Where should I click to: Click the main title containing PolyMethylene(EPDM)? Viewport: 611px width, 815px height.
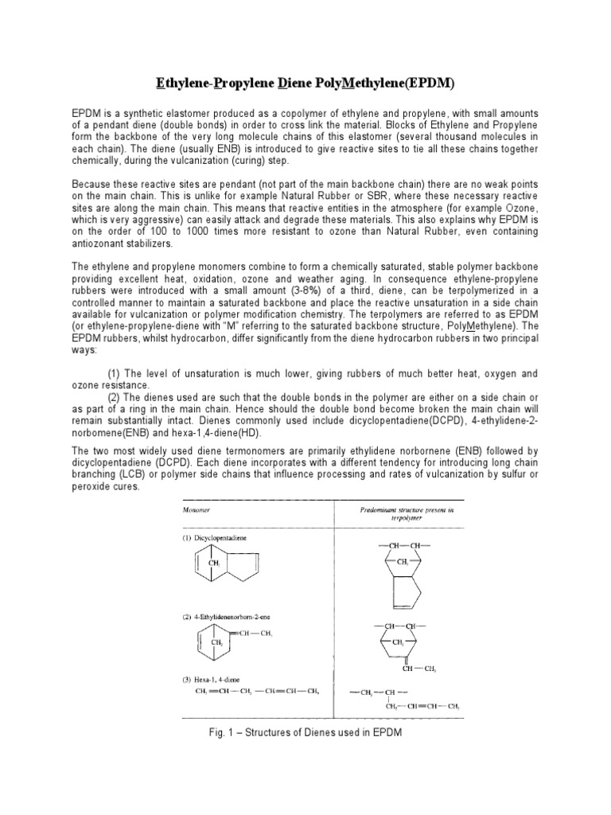tap(305, 84)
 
